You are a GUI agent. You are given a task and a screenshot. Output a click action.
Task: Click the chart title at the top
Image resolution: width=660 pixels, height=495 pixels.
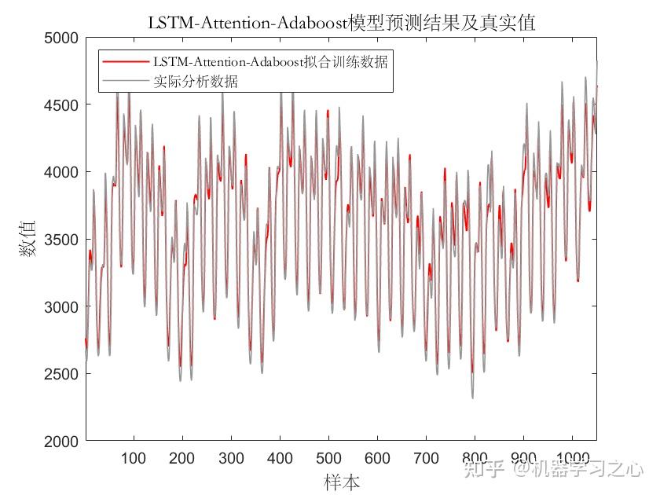pos(341,23)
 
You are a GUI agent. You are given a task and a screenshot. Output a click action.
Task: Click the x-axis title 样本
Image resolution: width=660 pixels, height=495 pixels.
pos(341,481)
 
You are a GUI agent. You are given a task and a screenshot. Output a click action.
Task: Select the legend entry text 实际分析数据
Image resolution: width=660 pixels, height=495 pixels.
pos(196,81)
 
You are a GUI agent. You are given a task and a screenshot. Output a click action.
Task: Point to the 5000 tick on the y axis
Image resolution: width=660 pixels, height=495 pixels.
pos(62,38)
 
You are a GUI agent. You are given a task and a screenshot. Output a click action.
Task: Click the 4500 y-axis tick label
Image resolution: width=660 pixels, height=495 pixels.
pos(62,105)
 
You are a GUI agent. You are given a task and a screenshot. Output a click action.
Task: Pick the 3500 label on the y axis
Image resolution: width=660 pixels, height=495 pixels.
pos(62,240)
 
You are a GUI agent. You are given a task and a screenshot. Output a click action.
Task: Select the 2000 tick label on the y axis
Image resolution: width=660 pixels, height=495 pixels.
pos(62,442)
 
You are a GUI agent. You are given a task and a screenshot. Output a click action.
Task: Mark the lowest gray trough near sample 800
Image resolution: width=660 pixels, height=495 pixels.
pos(472,398)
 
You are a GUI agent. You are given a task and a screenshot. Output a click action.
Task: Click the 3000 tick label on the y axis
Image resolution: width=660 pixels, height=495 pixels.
pos(62,307)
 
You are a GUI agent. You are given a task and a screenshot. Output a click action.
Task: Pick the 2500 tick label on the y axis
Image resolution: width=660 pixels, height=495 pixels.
pos(62,375)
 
